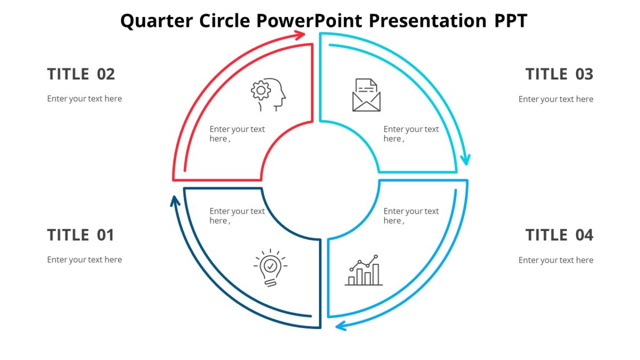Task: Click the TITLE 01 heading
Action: [x=81, y=235]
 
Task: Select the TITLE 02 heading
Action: [x=81, y=74]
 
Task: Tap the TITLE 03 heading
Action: [x=559, y=74]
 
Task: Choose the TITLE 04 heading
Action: [x=559, y=235]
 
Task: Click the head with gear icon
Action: [x=268, y=94]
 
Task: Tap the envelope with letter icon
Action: [x=366, y=95]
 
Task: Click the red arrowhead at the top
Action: [x=300, y=35]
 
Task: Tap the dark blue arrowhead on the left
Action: [x=174, y=201]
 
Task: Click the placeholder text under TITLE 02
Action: [x=84, y=99]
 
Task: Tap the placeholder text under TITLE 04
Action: [x=556, y=260]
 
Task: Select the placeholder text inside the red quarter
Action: [x=237, y=134]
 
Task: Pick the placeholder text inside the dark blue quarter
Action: [x=237, y=216]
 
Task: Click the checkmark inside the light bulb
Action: [x=270, y=265]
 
